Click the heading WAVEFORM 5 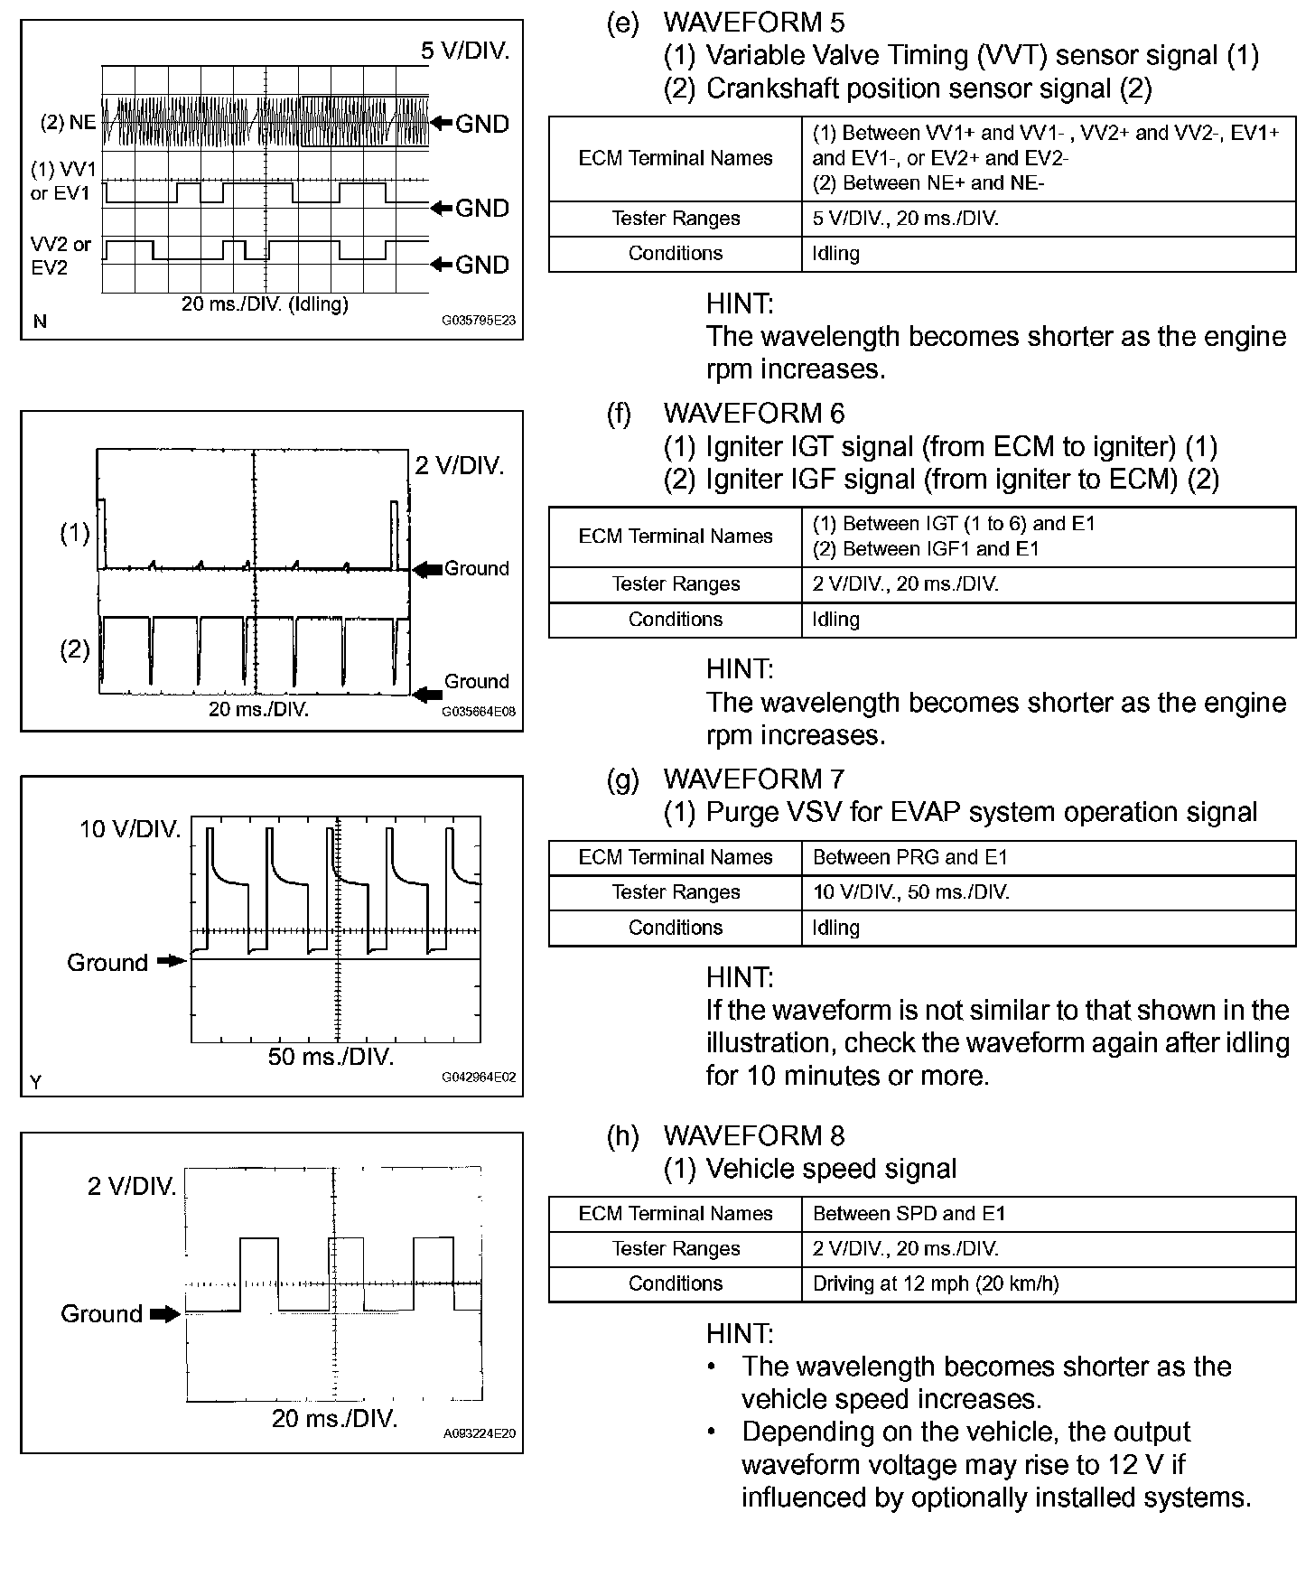point(753,23)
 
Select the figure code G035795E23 point(479,320)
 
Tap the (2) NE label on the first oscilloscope point(68,123)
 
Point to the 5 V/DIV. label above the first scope point(465,51)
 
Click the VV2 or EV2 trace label point(61,256)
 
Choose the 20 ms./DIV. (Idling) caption point(265,303)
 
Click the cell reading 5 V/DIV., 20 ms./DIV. point(905,219)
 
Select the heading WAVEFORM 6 point(753,414)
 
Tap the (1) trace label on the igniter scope point(75,533)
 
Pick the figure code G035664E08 point(479,712)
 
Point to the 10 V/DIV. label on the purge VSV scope point(130,829)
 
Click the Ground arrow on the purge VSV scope point(171,961)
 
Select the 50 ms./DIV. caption point(331,1057)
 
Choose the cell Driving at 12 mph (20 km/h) point(936,1283)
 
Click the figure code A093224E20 point(479,1433)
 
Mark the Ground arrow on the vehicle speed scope point(165,1314)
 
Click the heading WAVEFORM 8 point(753,1136)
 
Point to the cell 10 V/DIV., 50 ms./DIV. point(910,892)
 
